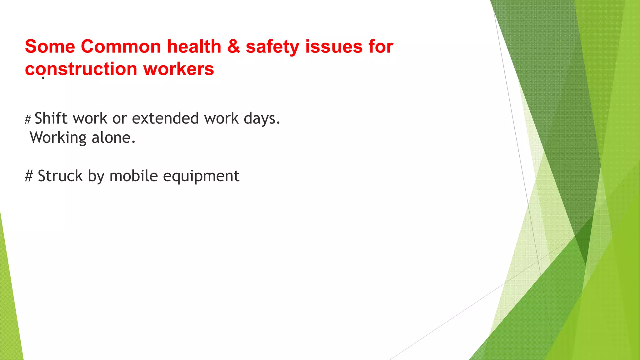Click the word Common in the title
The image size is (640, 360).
pyautogui.click(x=121, y=47)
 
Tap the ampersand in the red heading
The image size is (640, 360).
pyautogui.click(x=233, y=47)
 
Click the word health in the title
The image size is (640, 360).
pyautogui.click(x=194, y=47)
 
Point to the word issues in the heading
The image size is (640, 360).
pyautogui.click(x=333, y=47)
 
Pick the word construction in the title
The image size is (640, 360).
pyautogui.click(x=81, y=69)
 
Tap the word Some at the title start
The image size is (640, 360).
pyautogui.click(x=50, y=47)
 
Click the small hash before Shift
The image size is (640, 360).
pyautogui.click(x=28, y=119)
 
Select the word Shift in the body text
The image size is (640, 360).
pyautogui.click(x=51, y=118)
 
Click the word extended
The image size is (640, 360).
pyautogui.click(x=165, y=118)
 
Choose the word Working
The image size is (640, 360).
pyautogui.click(x=58, y=138)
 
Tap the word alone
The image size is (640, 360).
pyautogui.click(x=113, y=138)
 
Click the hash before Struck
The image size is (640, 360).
pyautogui.click(x=29, y=176)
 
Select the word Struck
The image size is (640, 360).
pyautogui.click(x=60, y=176)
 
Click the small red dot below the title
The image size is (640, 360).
pyautogui.click(x=43, y=77)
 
